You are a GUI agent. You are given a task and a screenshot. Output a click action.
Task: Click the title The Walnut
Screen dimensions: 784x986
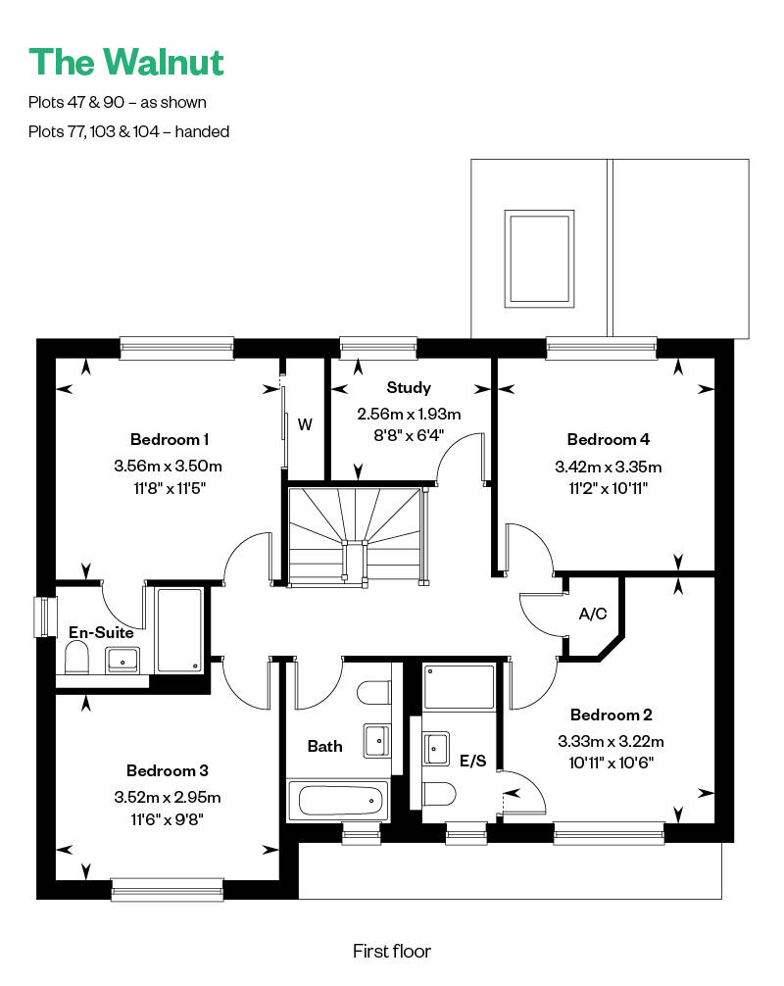pos(126,63)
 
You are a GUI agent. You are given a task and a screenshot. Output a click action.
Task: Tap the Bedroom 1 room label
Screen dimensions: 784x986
pos(170,439)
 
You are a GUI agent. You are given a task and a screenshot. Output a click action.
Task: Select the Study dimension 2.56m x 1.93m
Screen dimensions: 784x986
pos(409,414)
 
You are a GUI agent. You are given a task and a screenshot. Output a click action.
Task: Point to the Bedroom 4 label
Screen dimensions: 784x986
pos(608,439)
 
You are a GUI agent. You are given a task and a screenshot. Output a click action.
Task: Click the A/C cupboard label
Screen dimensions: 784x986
pos(593,614)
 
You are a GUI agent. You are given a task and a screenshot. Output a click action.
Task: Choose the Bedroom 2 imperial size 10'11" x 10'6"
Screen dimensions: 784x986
pos(612,763)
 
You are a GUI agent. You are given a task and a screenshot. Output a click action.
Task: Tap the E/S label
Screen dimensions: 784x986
pos(472,761)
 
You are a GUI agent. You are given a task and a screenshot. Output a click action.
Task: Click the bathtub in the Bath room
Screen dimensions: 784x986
pos(339,801)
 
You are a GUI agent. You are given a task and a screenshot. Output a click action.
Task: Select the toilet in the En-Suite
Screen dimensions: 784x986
pos(76,658)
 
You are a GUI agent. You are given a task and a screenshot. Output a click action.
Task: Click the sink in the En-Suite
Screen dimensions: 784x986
pos(122,660)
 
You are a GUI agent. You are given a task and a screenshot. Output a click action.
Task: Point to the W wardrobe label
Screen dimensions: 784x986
pos(305,424)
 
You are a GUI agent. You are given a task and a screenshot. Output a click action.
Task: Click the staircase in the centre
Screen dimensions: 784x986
pos(355,536)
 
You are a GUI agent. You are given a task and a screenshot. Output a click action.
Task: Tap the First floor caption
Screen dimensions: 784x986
pos(392,951)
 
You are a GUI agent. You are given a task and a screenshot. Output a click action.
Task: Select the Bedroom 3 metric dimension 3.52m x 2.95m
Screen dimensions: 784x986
pos(168,798)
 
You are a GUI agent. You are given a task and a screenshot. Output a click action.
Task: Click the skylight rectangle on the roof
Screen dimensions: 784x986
pos(539,259)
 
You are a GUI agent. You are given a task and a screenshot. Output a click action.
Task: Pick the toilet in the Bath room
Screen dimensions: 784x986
pos(374,692)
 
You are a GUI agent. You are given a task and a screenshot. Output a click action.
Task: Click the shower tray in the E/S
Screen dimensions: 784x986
pos(459,687)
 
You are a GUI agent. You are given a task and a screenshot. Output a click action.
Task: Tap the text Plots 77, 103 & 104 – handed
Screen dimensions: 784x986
pos(129,131)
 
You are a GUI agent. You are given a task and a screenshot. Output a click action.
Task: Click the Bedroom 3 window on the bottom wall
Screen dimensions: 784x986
pos(168,889)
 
